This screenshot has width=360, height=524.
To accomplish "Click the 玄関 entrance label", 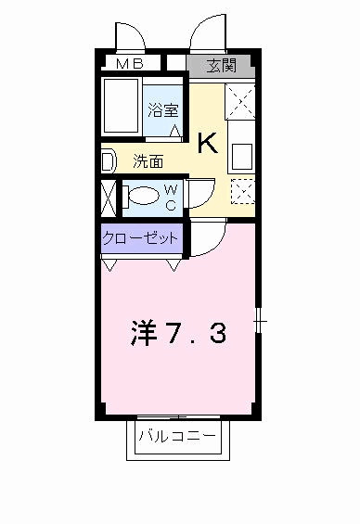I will click(220, 65).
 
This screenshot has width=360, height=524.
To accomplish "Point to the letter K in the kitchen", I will click(208, 142).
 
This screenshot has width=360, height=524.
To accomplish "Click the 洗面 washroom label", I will click(148, 161).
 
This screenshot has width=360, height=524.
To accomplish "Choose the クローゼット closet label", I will click(140, 238).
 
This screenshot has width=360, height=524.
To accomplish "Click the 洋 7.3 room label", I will click(176, 333).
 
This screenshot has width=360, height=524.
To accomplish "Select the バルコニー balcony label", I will click(176, 435).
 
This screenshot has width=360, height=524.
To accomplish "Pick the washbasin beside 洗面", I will click(108, 161).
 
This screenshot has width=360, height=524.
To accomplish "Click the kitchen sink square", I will click(243, 153).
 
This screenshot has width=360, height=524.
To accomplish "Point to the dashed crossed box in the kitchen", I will click(242, 189).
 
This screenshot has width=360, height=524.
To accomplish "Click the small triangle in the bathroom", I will click(175, 130).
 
